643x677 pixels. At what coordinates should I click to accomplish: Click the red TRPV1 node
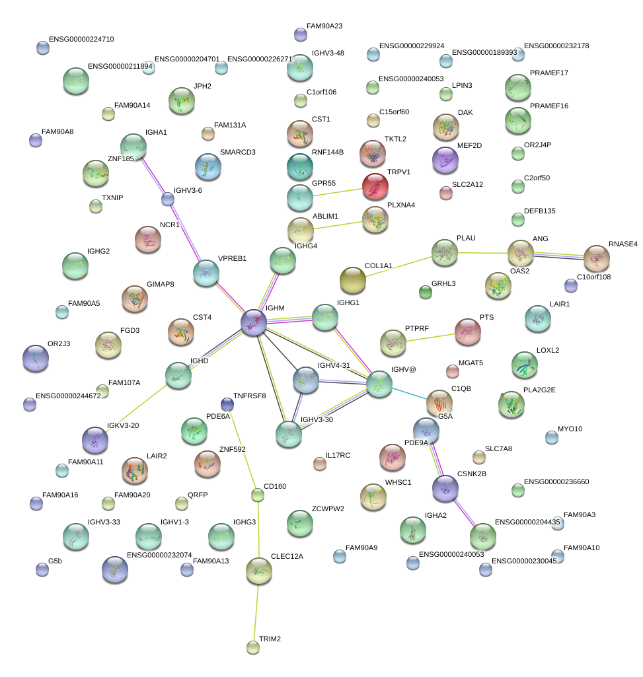(x=375, y=187)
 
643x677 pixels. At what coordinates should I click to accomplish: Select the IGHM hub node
(x=254, y=323)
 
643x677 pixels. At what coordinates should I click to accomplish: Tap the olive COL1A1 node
(x=352, y=280)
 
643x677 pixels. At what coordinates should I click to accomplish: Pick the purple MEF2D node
(x=445, y=159)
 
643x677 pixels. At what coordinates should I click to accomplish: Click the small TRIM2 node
(x=252, y=647)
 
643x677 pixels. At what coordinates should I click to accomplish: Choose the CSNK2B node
(x=445, y=488)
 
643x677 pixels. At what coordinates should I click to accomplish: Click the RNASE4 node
(x=596, y=258)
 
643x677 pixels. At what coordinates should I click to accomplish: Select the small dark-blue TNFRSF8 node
(x=227, y=404)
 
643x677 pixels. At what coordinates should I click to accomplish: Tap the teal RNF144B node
(x=300, y=166)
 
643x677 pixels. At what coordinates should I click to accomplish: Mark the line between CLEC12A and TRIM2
(x=255, y=608)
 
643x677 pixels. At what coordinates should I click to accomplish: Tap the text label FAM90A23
(x=324, y=26)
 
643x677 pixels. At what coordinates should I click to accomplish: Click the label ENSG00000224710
(x=81, y=40)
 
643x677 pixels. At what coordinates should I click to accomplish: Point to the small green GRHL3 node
(x=426, y=291)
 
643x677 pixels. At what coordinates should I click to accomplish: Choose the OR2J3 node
(x=35, y=358)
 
